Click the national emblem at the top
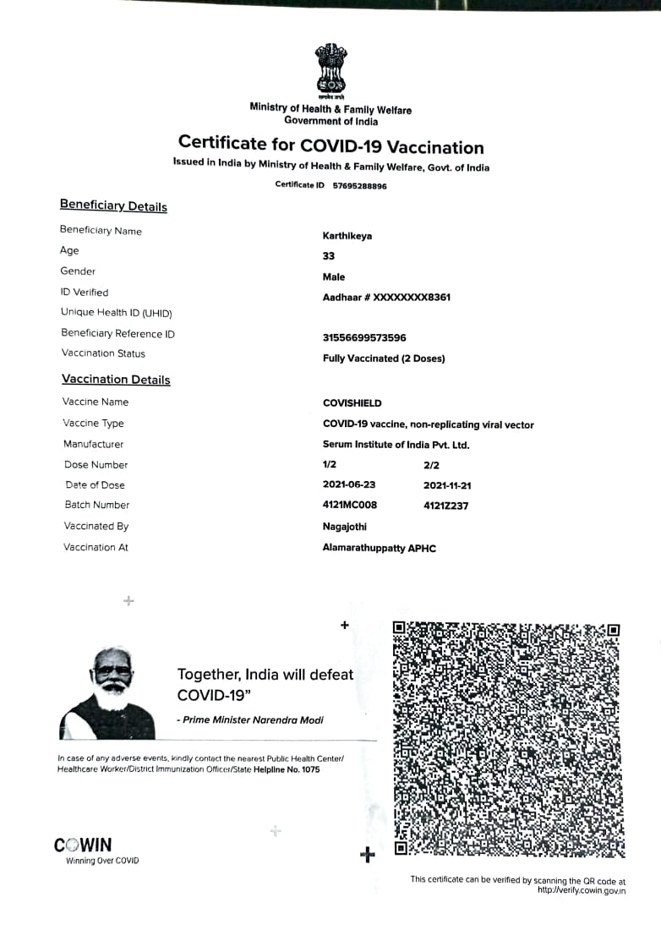click(330, 69)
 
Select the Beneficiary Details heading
click(113, 206)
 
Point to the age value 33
click(329, 256)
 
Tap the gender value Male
click(334, 276)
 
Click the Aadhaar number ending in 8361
click(386, 298)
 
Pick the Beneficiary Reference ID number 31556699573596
click(364, 337)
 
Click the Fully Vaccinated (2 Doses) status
click(384, 358)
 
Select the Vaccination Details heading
click(116, 380)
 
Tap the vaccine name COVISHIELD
click(352, 403)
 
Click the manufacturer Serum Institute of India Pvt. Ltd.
click(396, 445)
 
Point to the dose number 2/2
click(431, 465)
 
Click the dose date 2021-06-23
click(349, 485)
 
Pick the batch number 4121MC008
click(350, 505)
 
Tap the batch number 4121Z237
click(445, 506)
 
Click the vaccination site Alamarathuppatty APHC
click(380, 548)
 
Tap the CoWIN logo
click(83, 845)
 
